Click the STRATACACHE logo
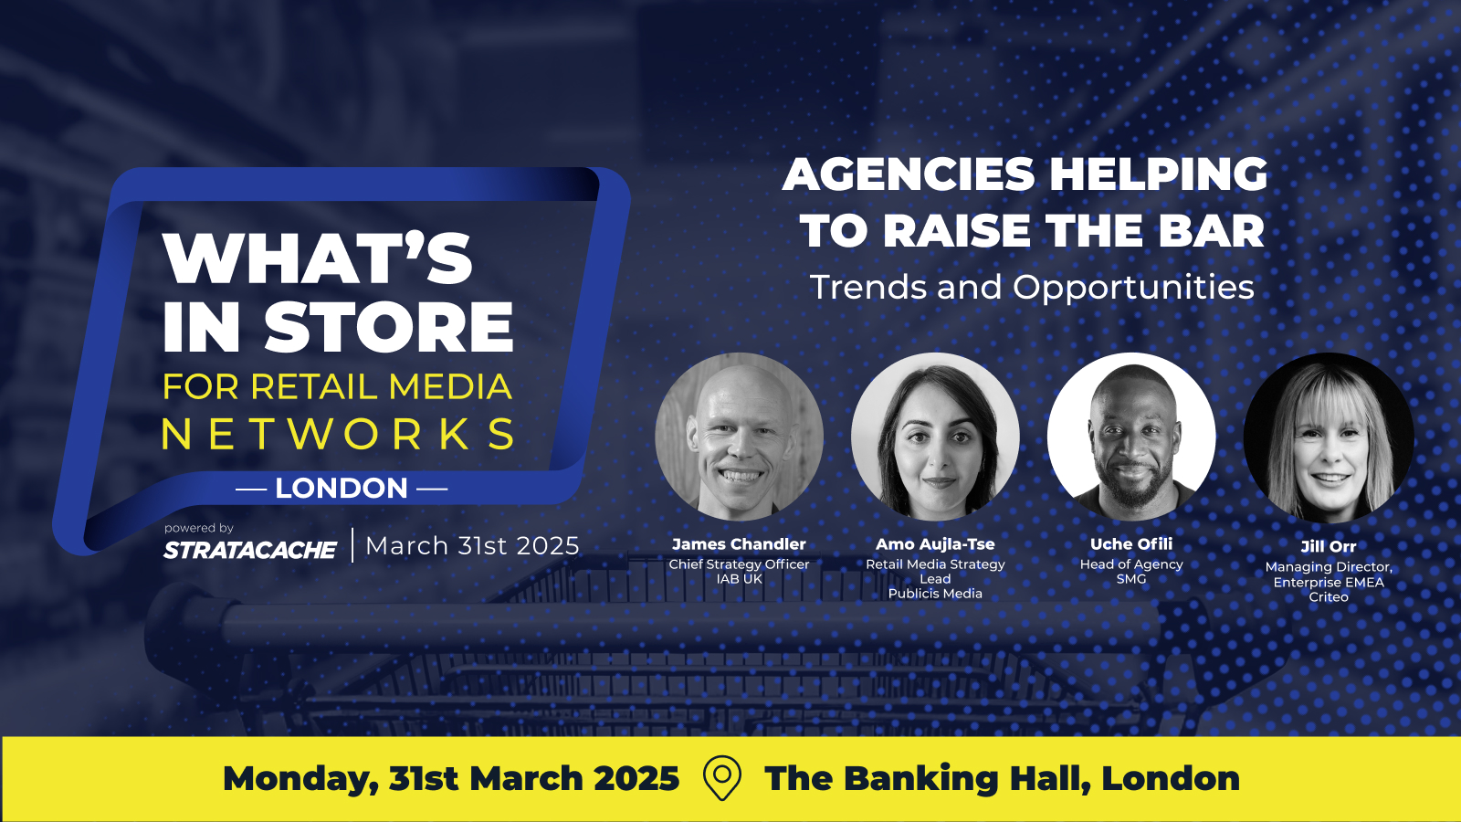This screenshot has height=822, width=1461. (x=250, y=550)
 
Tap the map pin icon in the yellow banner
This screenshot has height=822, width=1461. (x=722, y=777)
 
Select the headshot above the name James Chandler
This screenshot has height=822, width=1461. (x=739, y=437)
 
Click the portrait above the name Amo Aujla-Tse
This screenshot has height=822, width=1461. (x=935, y=437)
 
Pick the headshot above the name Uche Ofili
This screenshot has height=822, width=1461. (x=1131, y=437)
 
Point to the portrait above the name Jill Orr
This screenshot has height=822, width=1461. (x=1329, y=437)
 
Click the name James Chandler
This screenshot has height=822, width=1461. (x=739, y=544)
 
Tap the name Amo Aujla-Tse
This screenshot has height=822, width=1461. (x=935, y=544)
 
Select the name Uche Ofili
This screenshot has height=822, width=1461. (x=1131, y=544)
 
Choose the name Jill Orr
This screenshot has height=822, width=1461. (x=1329, y=547)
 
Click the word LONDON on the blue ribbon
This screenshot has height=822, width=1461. (x=342, y=488)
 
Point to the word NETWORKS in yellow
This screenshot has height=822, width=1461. (x=338, y=435)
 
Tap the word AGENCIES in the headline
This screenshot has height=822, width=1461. (x=909, y=174)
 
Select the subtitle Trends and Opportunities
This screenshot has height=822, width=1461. (x=1032, y=287)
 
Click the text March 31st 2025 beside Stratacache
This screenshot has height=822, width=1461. (x=472, y=545)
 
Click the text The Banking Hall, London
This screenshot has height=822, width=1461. (x=1002, y=778)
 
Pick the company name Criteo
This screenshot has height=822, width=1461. (x=1329, y=597)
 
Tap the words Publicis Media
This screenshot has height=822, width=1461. (x=935, y=594)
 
